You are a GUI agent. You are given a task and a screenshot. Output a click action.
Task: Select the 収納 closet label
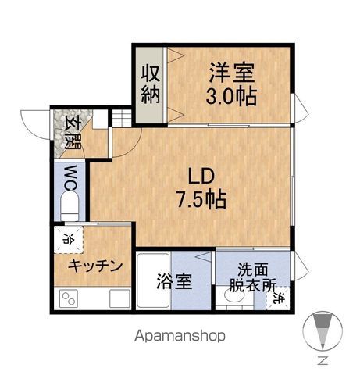[151, 84]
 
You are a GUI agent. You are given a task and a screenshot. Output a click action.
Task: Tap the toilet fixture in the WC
[70, 208]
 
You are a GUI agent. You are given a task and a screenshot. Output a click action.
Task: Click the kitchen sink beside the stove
[119, 298]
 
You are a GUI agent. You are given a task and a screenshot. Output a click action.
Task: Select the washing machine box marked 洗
[280, 298]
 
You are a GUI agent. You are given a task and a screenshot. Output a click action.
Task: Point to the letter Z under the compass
[322, 360]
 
